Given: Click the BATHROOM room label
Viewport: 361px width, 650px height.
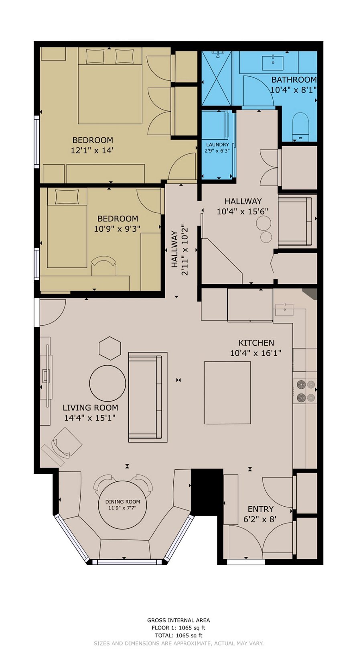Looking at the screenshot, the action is point(294,79).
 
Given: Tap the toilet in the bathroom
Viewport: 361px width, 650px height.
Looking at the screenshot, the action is point(300,126).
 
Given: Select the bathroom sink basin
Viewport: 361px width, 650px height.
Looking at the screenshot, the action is point(273,63).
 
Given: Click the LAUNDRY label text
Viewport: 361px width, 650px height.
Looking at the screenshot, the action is point(217,145).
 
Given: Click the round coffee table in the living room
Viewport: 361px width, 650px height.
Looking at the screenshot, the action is point(107,383).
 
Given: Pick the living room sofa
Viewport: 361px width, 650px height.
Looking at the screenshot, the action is point(148,397).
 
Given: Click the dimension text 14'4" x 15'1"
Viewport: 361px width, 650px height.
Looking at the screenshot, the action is point(90,418).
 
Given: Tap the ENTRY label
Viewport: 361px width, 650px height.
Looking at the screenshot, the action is point(260,509).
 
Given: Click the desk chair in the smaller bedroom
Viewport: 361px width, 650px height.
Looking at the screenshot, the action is point(104,265).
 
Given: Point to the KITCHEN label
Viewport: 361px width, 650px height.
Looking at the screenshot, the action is point(256,343).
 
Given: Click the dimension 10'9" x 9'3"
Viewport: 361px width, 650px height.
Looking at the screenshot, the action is point(117,229).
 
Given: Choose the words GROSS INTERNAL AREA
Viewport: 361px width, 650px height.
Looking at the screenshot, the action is point(178,620).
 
